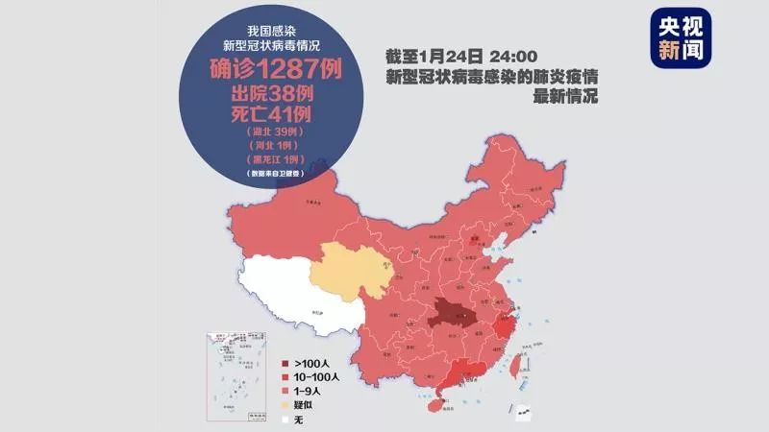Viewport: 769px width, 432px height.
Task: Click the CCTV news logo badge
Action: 680,39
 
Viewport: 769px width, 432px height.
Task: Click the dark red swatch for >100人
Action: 286,364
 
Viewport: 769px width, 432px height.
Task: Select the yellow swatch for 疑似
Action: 286,405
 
